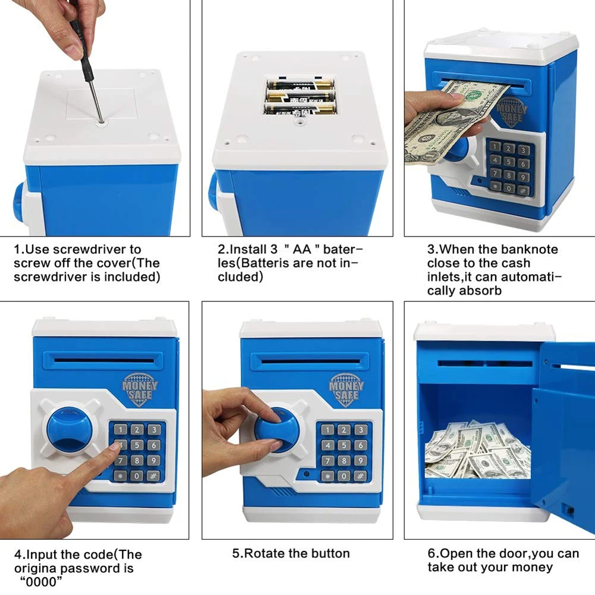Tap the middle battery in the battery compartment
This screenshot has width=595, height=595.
pos(300,97)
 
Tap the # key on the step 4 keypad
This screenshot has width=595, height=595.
pos(153,476)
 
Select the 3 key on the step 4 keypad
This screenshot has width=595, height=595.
pos(154,430)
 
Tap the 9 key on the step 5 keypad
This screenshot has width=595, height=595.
pos(360,461)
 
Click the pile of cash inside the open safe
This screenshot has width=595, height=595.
pos(477,449)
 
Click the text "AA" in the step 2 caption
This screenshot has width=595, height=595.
pos(302,249)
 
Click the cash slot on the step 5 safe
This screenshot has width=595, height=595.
pos(310,361)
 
